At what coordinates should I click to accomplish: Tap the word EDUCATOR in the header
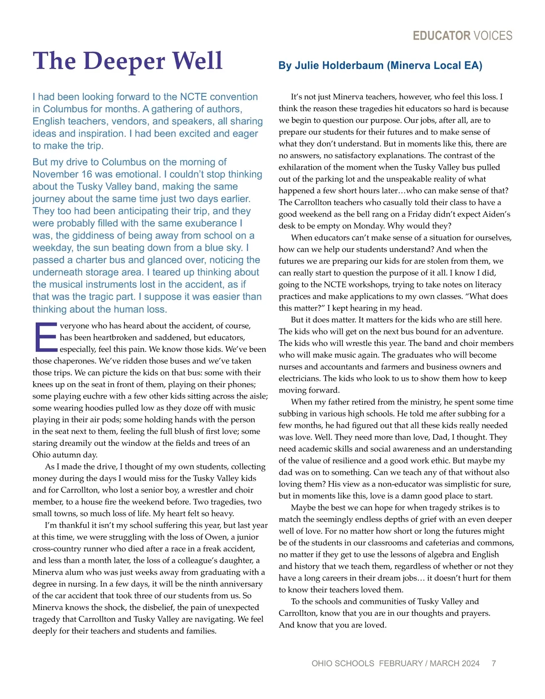(x=441, y=36)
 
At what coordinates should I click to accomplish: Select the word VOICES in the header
(x=493, y=36)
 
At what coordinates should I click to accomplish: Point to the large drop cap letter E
(x=45, y=337)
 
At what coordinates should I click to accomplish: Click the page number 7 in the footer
(x=494, y=664)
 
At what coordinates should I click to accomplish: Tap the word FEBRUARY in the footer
(x=401, y=664)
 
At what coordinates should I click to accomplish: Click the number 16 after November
(x=77, y=175)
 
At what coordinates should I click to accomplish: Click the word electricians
(x=300, y=379)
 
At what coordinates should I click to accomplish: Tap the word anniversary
(x=240, y=584)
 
